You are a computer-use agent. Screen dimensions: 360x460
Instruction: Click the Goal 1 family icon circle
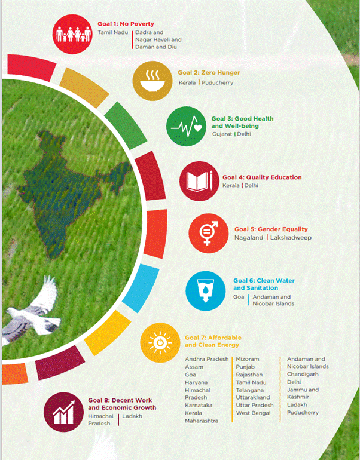point(72,34)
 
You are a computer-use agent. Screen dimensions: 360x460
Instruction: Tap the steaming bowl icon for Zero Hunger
point(152,81)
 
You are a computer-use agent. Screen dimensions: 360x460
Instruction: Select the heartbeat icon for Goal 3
point(186,127)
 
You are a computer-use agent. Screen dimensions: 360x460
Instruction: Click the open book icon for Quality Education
point(199,181)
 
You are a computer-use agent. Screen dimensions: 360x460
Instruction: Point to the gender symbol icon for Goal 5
point(209,233)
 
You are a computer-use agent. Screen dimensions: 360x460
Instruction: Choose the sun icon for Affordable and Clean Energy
point(160,343)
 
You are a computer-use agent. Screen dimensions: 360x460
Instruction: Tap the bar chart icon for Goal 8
point(64,412)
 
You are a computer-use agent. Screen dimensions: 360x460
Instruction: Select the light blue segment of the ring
point(141,288)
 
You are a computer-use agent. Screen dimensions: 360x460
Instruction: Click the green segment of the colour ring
point(126,125)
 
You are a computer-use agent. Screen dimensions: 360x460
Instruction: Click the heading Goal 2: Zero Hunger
point(209,72)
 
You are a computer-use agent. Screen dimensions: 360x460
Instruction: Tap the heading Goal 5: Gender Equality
point(271,229)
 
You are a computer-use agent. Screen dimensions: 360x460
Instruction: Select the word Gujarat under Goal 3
point(222,134)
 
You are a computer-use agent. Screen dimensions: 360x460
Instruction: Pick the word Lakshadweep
point(291,238)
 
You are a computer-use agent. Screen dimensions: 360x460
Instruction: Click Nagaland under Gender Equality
point(249,238)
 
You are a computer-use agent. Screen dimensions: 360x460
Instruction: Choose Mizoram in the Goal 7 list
point(248,359)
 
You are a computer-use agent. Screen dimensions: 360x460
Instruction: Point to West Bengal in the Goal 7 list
point(254,413)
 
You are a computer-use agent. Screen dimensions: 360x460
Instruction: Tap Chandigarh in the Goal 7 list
point(303,375)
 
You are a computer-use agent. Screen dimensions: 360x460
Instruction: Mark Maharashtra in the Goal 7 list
point(202,421)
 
